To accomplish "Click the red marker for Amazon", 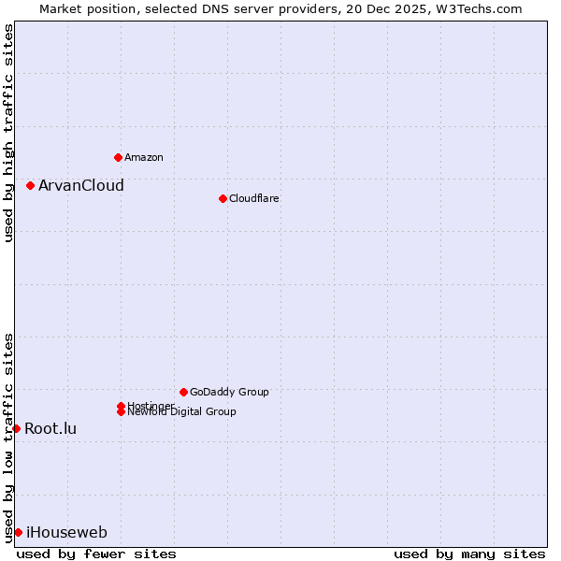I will [118, 157].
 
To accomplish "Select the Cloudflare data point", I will [223, 198].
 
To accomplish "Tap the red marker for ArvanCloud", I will [30, 185].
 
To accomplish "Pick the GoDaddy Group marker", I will [183, 392].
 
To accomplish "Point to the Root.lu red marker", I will [16, 428].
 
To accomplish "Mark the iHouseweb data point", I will [18, 532].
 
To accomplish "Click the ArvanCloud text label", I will [80, 185].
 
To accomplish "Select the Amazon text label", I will [143, 157].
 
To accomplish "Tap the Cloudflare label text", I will [253, 198].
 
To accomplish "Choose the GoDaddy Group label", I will [229, 392].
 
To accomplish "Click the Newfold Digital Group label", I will [181, 411].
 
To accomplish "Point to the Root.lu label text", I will [50, 428].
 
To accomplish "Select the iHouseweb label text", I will [66, 532].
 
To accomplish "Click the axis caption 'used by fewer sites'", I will [96, 554].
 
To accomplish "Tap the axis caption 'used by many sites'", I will [469, 554].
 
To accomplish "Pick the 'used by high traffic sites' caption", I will [8, 133].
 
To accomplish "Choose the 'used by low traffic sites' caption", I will [8, 437].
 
